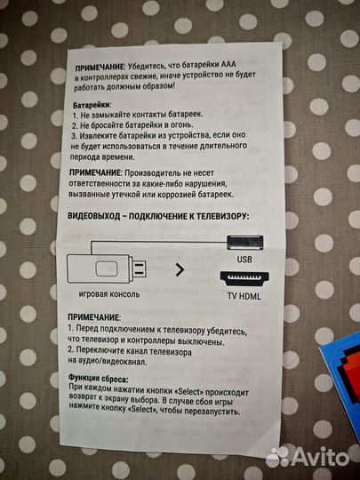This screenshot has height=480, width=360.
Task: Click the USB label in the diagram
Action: point(245,259)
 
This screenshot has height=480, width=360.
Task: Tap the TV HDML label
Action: point(245,293)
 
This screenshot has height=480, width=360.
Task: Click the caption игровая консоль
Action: point(110,293)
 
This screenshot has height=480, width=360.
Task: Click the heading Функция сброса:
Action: point(101,378)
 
